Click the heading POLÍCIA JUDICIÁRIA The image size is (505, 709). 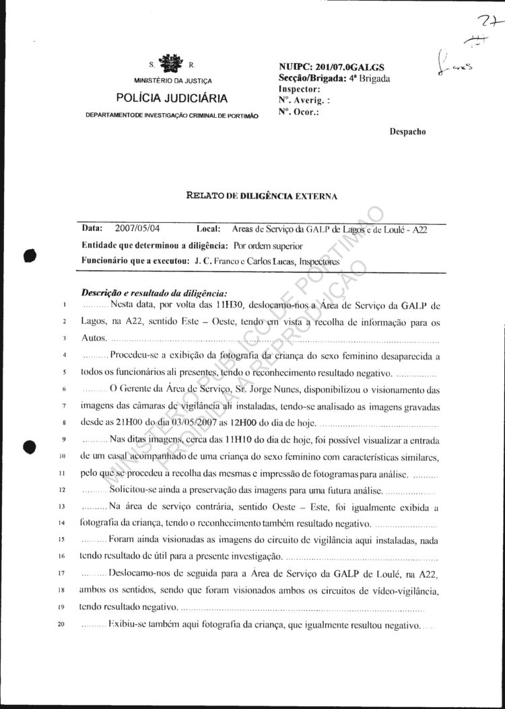(172, 98)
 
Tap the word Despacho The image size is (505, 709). (407, 132)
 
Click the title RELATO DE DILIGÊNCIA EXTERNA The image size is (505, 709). (262, 196)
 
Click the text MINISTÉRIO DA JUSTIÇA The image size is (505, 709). (172, 81)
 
